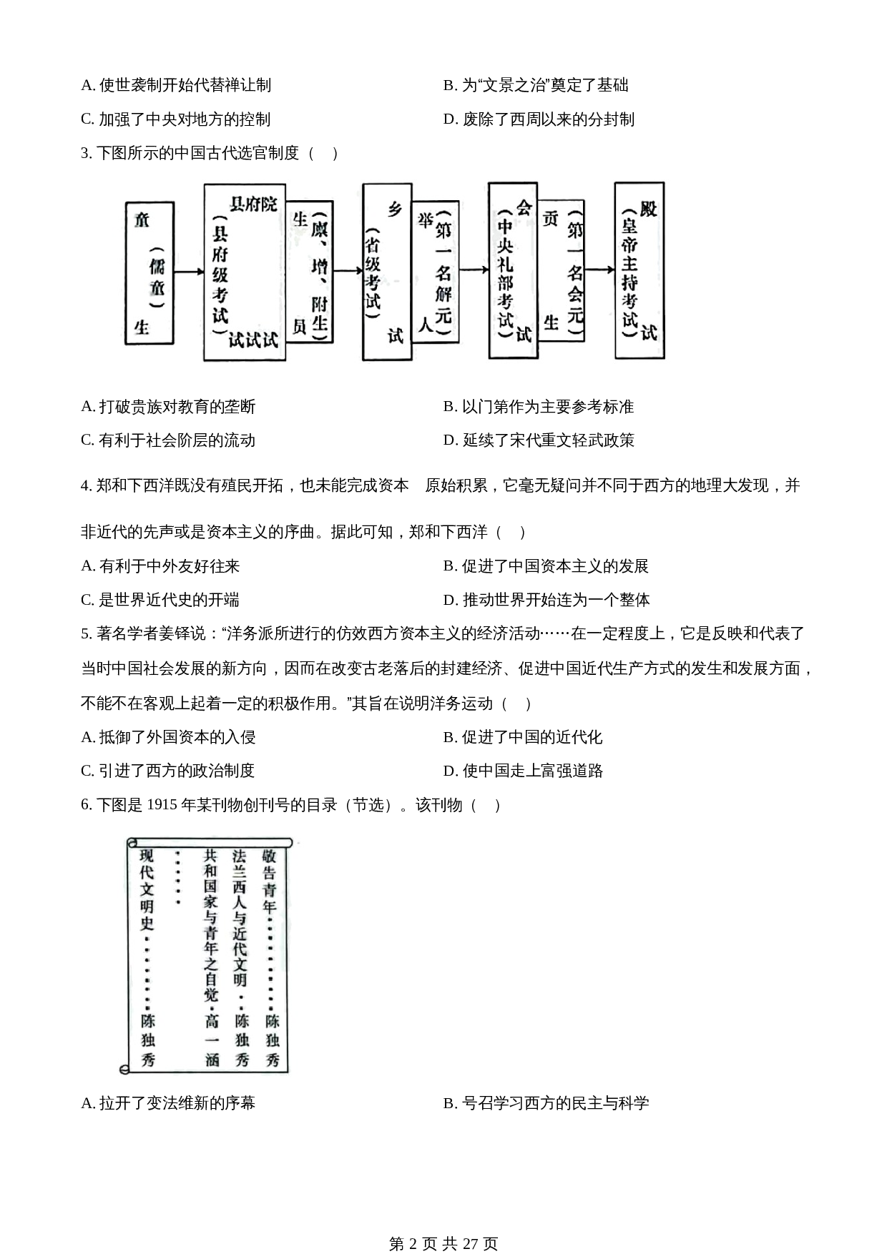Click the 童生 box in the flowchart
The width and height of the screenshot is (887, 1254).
(150, 272)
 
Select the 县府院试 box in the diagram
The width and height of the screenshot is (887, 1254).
(244, 272)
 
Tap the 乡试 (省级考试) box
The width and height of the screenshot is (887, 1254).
(387, 272)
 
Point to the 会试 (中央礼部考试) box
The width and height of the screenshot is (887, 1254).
(513, 270)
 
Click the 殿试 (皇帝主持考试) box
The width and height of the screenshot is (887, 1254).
(639, 270)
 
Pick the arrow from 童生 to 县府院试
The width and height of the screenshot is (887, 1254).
(189, 272)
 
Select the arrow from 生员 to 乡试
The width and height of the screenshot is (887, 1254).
(348, 271)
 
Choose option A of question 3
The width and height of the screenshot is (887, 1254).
(168, 407)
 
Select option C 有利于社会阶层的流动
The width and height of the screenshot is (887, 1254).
(168, 440)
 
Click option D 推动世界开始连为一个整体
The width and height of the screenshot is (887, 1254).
(547, 600)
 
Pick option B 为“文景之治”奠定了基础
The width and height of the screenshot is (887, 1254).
(536, 85)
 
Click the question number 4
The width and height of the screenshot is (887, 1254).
(86, 486)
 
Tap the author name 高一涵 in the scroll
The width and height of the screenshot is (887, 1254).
(212, 1040)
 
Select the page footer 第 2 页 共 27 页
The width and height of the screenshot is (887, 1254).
(443, 1224)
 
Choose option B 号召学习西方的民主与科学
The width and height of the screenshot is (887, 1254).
(546, 1103)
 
